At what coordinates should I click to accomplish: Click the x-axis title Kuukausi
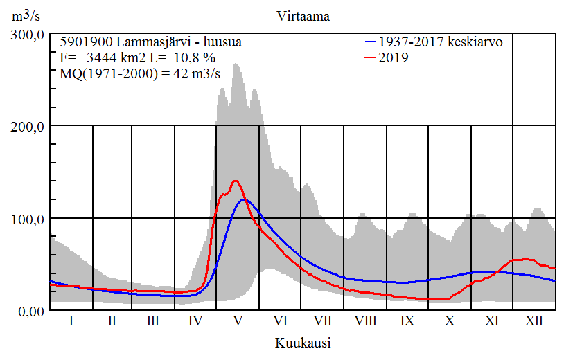pyautogui.click(x=303, y=343)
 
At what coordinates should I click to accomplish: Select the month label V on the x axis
pyautogui.click(x=238, y=321)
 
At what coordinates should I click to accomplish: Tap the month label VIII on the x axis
pyautogui.click(x=365, y=321)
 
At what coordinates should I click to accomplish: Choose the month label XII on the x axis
pyautogui.click(x=534, y=321)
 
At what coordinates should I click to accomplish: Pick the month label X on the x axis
pyautogui.click(x=450, y=321)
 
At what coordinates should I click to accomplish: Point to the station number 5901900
pyautogui.click(x=83, y=42)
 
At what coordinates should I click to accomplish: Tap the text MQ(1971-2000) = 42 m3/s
pyautogui.click(x=141, y=75)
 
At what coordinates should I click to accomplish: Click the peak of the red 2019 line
pyautogui.click(x=236, y=181)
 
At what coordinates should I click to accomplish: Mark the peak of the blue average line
pyautogui.click(x=244, y=199)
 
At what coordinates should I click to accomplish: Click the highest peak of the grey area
pyautogui.click(x=236, y=64)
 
